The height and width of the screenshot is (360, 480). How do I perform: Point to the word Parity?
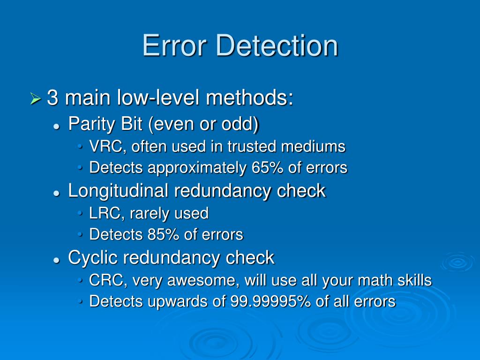(x=90, y=124)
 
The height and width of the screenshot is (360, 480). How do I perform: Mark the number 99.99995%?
(x=270, y=301)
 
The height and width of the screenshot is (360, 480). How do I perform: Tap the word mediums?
(x=313, y=147)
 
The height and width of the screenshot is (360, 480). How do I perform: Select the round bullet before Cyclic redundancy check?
(x=56, y=259)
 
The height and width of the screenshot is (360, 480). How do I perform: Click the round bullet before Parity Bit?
(x=56, y=125)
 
